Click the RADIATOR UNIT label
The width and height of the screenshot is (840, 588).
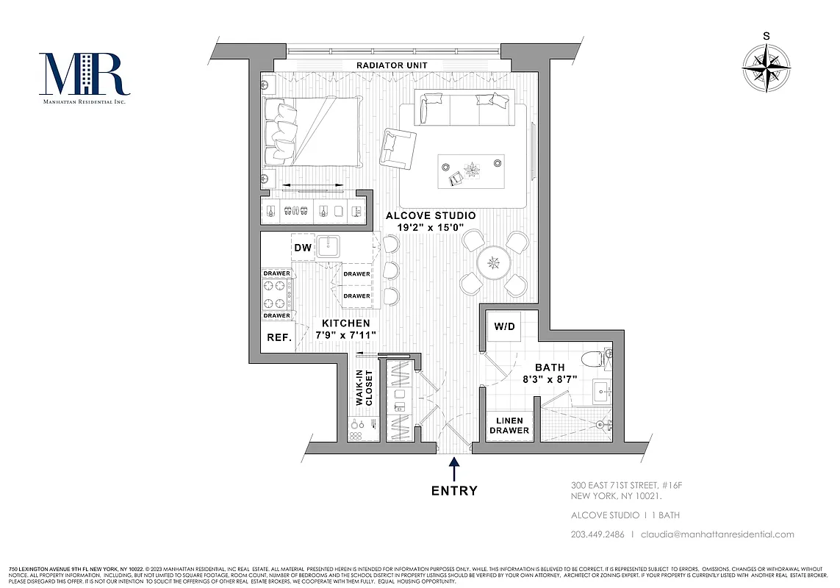pos(392,65)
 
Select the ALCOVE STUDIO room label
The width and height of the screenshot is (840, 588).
pos(431,216)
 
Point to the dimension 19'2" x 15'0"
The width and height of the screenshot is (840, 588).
pos(431,229)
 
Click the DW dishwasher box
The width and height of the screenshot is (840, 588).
pos(303,248)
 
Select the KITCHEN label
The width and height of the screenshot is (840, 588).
pos(345,323)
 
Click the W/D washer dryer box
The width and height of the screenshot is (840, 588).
pos(504,326)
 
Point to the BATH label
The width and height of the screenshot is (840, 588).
pos(550,367)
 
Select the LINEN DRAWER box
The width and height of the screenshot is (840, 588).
pos(509,426)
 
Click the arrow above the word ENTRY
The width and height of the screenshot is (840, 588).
pos(454,468)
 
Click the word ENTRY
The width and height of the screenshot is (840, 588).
pos(454,490)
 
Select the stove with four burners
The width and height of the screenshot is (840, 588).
pos(277,295)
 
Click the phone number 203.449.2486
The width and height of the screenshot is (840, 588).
pos(597,534)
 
